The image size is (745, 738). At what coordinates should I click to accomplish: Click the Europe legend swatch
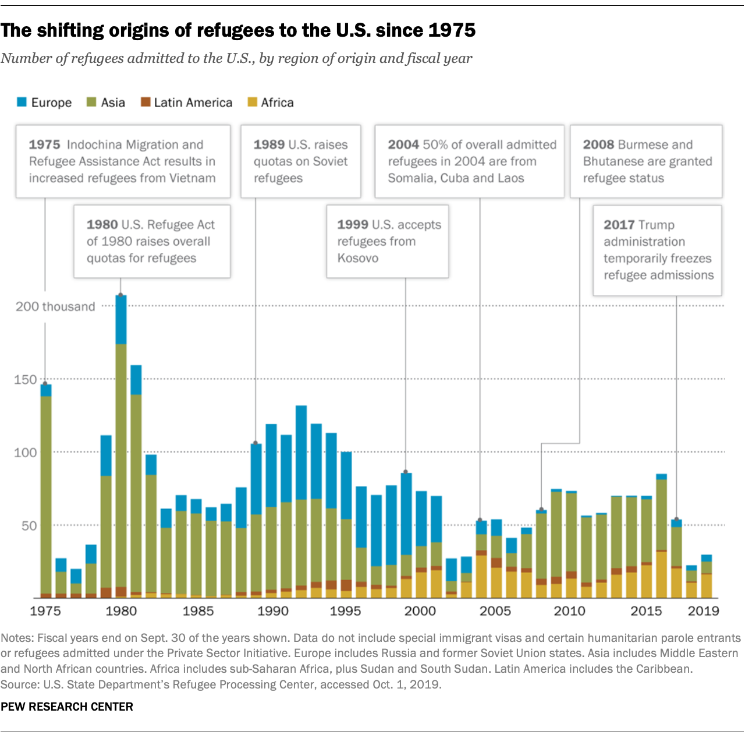click(22, 103)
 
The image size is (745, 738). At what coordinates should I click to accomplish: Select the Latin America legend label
click(193, 103)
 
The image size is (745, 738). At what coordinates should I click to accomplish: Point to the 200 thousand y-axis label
click(55, 306)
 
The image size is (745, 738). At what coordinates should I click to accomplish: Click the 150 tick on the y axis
click(25, 380)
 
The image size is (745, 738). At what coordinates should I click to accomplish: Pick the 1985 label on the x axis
click(198, 611)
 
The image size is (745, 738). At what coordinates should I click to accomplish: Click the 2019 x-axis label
click(703, 611)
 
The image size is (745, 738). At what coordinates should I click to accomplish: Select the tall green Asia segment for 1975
click(45, 495)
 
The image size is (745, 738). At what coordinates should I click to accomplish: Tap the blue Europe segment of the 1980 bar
click(120, 319)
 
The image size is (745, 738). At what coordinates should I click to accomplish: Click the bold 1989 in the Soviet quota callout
click(269, 144)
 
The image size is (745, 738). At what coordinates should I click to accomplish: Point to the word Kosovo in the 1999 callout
click(357, 258)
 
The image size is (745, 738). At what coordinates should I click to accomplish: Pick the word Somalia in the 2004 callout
click(411, 178)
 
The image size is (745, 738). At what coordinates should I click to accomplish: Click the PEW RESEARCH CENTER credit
click(67, 707)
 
